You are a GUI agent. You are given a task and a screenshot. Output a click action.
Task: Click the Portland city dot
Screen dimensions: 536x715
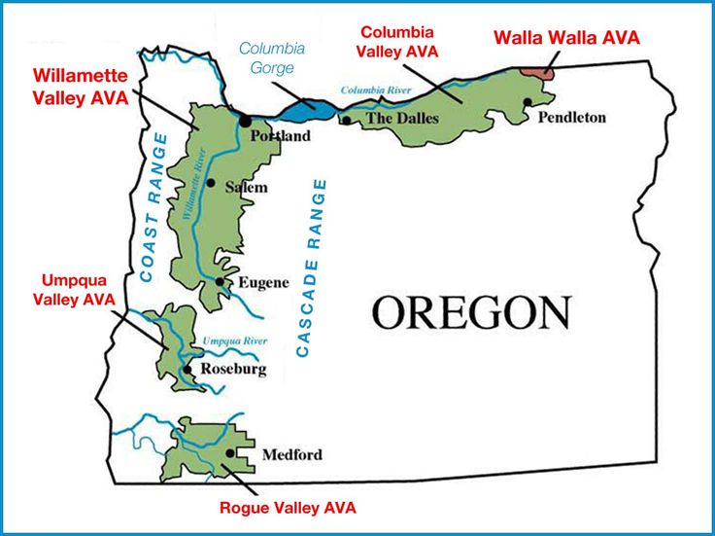(245, 121)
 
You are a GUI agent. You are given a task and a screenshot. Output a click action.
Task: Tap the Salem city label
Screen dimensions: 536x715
(246, 186)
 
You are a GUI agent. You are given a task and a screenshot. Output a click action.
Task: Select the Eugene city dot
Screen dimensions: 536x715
(221, 282)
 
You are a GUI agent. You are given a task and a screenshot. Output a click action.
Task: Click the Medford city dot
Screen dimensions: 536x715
(229, 452)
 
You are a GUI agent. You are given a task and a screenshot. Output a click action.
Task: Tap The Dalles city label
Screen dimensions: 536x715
(402, 119)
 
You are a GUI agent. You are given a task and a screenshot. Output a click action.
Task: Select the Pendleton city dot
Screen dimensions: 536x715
(527, 102)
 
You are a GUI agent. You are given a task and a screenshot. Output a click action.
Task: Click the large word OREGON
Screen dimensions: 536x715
(471, 312)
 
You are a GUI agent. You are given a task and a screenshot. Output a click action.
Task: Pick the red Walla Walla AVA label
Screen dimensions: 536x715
(566, 38)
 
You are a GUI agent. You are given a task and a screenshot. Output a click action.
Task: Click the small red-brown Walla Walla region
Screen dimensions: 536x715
(536, 70)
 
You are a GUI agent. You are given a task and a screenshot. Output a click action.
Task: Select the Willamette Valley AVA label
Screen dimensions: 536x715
(80, 86)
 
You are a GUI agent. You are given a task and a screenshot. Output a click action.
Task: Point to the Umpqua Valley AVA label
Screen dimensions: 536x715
(73, 290)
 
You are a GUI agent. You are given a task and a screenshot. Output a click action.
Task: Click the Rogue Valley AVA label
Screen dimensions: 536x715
(288, 507)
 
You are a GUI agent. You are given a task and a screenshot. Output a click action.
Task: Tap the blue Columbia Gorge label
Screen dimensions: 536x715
(272, 57)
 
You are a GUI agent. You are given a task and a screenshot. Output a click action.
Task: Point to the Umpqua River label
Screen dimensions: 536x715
(234, 341)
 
